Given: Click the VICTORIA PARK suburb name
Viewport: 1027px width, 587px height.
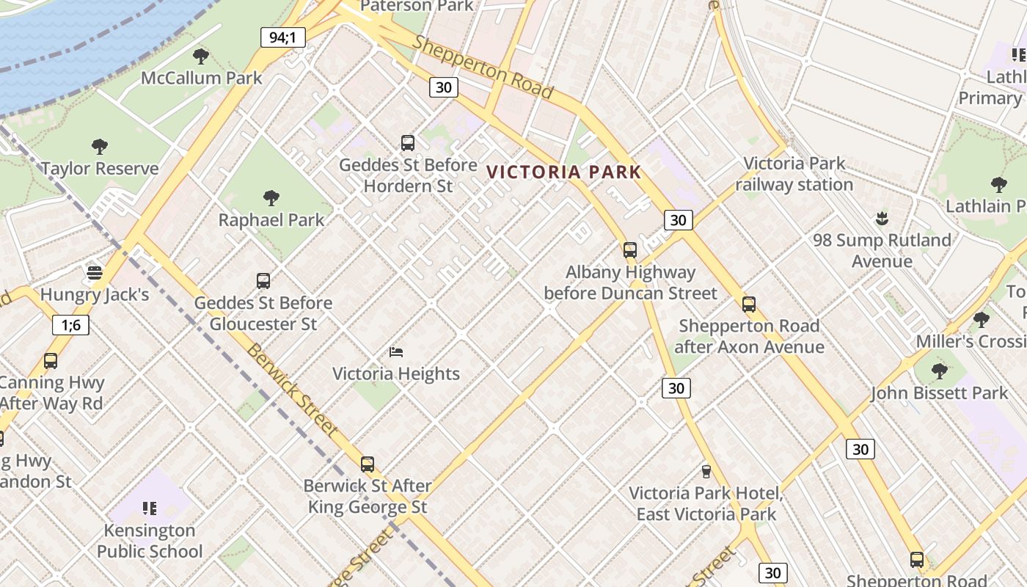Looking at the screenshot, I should pos(563,172).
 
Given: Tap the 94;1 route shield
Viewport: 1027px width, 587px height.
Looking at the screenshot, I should pos(282,37).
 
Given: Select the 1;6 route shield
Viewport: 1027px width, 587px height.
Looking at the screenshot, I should pos(70,324).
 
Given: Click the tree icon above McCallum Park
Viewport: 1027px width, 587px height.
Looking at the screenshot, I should pos(200,56).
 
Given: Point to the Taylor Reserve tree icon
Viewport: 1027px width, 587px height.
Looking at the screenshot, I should pos(100,147).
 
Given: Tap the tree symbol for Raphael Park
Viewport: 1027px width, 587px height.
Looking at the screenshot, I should pos(271,198).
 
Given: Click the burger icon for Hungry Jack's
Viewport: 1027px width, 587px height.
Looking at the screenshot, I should pos(94,273).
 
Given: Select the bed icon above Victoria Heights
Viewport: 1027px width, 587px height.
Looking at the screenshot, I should pos(396,352).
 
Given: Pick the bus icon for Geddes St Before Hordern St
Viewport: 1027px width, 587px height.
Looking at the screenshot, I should pos(408,143).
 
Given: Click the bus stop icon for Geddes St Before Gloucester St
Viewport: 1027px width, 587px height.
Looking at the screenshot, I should pos(263,281).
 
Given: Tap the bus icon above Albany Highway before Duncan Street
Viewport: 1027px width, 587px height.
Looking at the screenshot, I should pos(630,250).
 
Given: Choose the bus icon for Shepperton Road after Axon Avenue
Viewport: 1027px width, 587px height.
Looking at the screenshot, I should pos(749,305).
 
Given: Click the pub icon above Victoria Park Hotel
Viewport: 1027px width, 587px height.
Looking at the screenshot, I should pos(706,471).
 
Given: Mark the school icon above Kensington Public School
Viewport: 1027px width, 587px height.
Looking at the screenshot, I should pos(150,508).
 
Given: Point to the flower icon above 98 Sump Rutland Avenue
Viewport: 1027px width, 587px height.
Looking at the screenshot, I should pos(882,218).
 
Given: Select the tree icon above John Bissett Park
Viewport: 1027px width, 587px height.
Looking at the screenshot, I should pos(939,371).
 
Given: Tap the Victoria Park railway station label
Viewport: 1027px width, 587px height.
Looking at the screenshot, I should pos(794,174).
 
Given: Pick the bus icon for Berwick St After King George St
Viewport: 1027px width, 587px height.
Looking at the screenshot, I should pos(368,464).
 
